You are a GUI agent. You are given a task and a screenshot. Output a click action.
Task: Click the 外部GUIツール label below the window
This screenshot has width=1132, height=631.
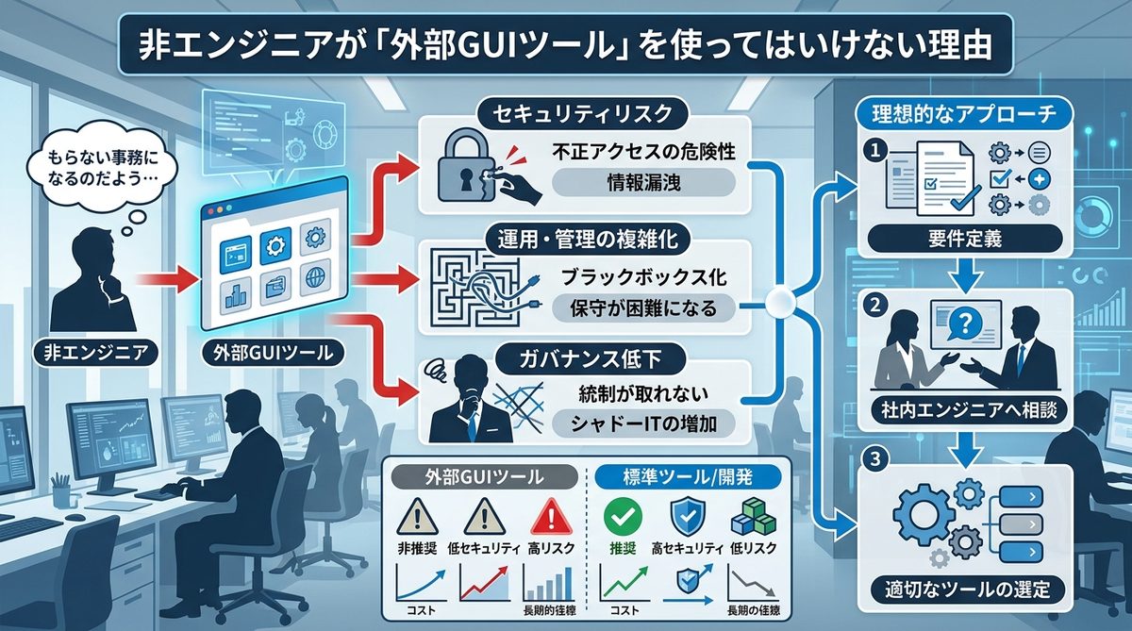click(x=265, y=356)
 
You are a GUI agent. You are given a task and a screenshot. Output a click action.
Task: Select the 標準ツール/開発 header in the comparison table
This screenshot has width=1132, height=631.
click(x=682, y=476)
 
